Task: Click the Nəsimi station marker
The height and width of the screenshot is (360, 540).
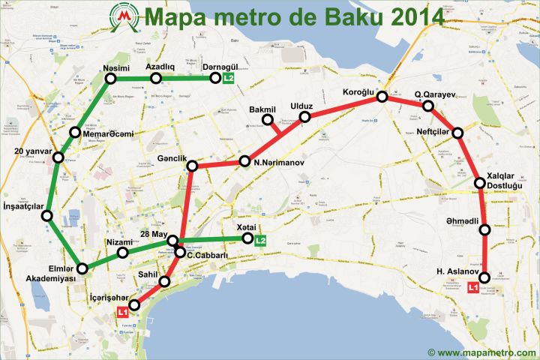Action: tap(111, 79)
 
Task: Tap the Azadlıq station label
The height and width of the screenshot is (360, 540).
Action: tap(160, 67)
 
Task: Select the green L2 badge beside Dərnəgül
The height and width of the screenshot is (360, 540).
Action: tap(229, 78)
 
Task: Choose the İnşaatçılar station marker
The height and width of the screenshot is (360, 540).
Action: tap(46, 217)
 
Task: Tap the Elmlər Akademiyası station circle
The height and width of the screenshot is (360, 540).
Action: tap(82, 268)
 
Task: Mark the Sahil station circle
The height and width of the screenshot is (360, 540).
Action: tap(165, 282)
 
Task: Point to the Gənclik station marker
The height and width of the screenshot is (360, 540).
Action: tap(192, 165)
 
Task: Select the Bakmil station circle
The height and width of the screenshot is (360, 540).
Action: tap(267, 120)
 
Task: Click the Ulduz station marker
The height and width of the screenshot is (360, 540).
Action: tap(305, 117)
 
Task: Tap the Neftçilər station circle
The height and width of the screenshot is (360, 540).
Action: tap(458, 133)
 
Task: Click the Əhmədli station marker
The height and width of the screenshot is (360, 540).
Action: tap(484, 229)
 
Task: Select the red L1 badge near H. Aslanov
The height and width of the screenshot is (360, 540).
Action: tap(474, 286)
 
